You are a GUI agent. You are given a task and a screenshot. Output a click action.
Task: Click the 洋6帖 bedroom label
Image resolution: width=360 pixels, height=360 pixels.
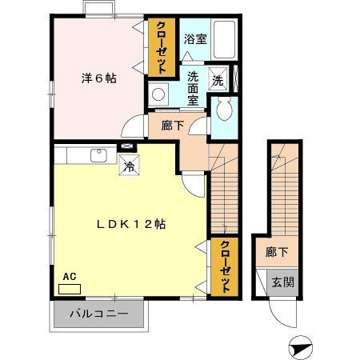pos(98,78)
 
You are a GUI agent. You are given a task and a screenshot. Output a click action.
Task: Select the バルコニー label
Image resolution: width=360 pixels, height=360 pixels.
pos(98,314)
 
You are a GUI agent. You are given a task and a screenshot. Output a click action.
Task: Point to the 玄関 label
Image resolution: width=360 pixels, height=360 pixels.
pos(282,282)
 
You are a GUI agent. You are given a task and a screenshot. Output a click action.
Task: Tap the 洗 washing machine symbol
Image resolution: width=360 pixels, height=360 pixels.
pos(218,78)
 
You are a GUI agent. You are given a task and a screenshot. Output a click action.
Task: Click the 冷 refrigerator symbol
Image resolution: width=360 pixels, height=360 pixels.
pos(127,167)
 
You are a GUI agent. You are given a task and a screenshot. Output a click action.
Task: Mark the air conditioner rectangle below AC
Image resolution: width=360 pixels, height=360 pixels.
pos(70,287)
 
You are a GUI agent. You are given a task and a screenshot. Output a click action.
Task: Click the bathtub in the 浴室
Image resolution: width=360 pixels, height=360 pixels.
pos(224,38)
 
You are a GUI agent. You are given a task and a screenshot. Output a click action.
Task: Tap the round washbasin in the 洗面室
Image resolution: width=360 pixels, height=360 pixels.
pos(158,94)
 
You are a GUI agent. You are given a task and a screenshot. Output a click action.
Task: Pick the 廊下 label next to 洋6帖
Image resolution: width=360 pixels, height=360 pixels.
pos(172,126)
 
